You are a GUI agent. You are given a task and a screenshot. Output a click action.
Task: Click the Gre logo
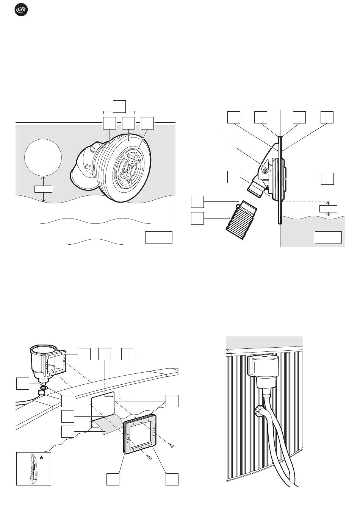click(x=21, y=10)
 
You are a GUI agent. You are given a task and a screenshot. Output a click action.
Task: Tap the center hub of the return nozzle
click(x=129, y=168)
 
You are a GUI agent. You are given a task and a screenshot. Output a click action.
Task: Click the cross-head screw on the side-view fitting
click(x=266, y=171)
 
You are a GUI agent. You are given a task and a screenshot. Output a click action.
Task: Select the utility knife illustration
click(x=33, y=470)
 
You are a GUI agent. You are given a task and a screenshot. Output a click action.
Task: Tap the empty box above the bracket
click(x=119, y=106)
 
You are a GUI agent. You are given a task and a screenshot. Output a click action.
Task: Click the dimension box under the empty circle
click(x=43, y=189)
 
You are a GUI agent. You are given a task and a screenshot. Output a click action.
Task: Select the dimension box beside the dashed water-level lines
click(x=328, y=209)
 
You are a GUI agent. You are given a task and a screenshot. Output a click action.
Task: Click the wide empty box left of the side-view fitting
click(x=236, y=142)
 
